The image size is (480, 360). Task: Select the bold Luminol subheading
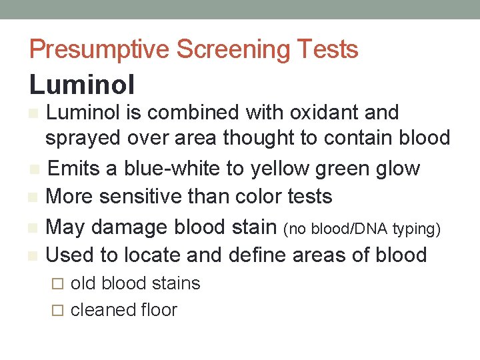pos(82,85)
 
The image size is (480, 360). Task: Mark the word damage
pos(128,227)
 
